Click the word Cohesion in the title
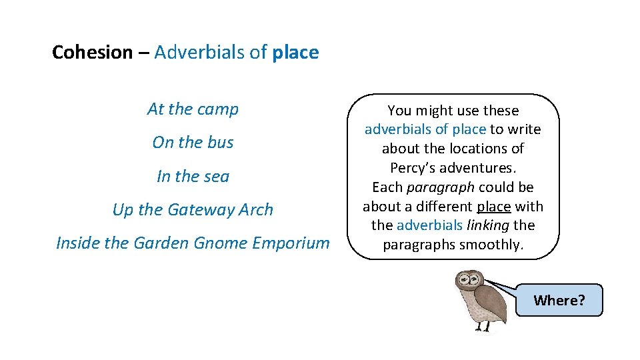pos(93,53)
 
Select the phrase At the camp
pos(193,109)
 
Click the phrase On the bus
pos(193,143)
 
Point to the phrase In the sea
pos(193,177)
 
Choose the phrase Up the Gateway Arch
pos(193,210)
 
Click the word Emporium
pos(292,243)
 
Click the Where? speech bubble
pos(559,300)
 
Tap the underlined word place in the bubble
pos(493,207)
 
